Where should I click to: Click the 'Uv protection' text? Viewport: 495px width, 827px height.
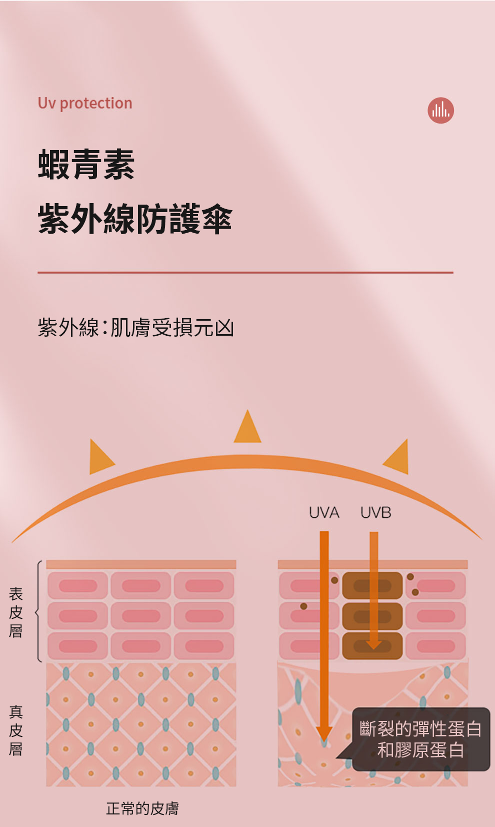click(85, 103)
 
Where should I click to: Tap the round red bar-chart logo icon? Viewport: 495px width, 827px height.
click(440, 110)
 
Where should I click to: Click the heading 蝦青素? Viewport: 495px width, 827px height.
click(86, 165)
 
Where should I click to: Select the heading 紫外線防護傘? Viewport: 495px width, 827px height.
click(135, 219)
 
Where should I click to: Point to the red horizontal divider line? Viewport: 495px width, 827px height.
click(245, 273)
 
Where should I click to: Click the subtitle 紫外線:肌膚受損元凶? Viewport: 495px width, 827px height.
click(136, 328)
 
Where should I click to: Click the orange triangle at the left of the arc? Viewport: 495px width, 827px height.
click(100, 458)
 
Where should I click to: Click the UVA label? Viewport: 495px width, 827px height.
click(324, 513)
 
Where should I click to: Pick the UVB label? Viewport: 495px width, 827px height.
click(375, 513)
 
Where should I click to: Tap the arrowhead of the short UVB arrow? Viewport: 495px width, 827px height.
click(374, 644)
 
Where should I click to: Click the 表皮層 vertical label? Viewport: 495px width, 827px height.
click(16, 612)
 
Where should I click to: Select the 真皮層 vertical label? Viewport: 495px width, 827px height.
click(16, 730)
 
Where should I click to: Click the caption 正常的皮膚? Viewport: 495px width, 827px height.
click(142, 808)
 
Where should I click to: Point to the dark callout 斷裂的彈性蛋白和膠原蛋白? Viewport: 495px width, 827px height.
click(420, 739)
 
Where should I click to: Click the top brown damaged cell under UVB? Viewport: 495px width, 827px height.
click(372, 585)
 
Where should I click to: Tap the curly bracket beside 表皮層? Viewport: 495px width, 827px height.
click(38, 612)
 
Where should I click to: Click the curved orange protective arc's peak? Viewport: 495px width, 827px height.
click(247, 462)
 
